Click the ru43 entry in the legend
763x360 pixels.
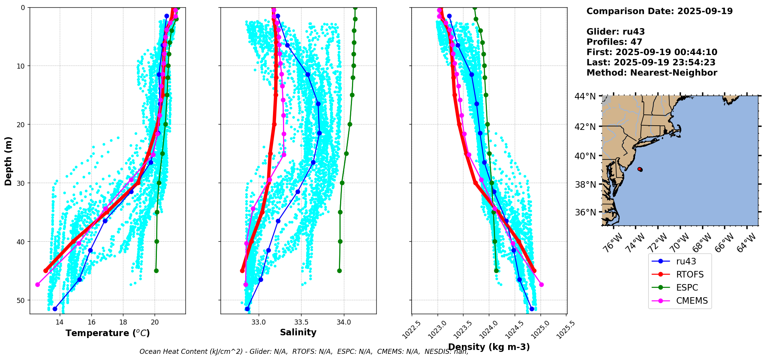pyautogui.click(x=686, y=261)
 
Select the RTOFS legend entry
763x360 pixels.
pyautogui.click(x=689, y=274)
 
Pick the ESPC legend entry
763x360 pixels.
pyautogui.click(x=687, y=288)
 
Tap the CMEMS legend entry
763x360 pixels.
pyautogui.click(x=692, y=301)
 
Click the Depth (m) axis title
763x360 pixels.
pyautogui.click(x=8, y=161)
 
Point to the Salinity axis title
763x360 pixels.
pyautogui.click(x=298, y=333)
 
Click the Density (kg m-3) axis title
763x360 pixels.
pyautogui.click(x=488, y=347)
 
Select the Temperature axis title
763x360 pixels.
pyautogui.click(x=108, y=333)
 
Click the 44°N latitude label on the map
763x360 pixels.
pyautogui.click(x=585, y=96)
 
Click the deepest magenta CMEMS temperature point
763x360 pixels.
pyautogui.click(x=37, y=284)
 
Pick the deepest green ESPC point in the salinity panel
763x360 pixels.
pyautogui.click(x=339, y=271)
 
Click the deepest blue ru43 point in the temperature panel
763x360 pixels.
pyautogui.click(x=55, y=309)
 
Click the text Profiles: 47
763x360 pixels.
pyautogui.click(x=614, y=42)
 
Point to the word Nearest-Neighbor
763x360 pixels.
pyautogui.click(x=674, y=73)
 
